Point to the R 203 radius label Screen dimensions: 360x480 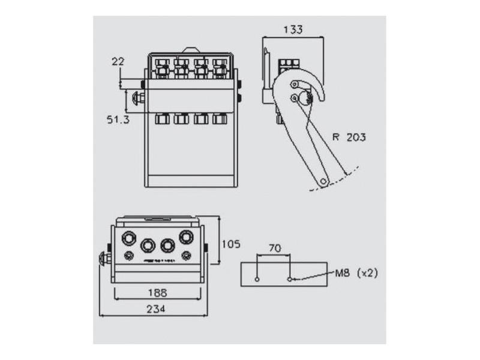pyautogui.click(x=349, y=137)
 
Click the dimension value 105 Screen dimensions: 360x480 pyautogui.click(x=230, y=244)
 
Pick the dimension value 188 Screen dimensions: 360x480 pyautogui.click(x=157, y=293)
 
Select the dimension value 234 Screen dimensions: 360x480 pyautogui.click(x=157, y=309)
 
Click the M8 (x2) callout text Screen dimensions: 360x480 pyautogui.click(x=356, y=273)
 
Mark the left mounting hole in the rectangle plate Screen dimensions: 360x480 pyautogui.click(x=257, y=280)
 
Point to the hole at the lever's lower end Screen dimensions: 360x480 pyautogui.click(x=323, y=180)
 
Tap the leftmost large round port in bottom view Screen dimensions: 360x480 pyautogui.click(x=128, y=238)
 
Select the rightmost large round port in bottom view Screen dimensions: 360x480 pyautogui.click(x=187, y=238)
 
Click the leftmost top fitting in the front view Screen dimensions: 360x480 pyautogui.click(x=162, y=67)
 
